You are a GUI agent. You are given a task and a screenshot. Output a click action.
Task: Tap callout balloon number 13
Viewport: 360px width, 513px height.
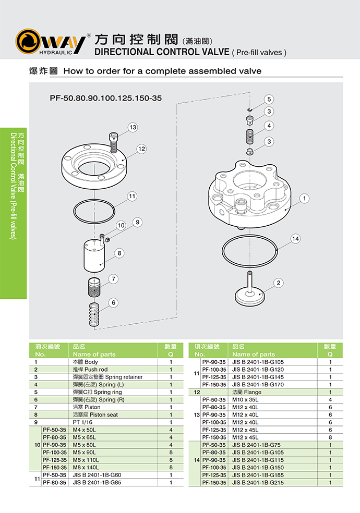133,127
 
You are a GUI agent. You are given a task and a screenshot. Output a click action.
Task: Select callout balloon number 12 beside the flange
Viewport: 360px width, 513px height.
141,149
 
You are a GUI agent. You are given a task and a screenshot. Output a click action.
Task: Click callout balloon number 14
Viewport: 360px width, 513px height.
295,238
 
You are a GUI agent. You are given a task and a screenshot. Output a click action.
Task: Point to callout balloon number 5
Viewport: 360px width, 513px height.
269,99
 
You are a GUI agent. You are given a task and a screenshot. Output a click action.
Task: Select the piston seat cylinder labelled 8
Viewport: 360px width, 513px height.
94,256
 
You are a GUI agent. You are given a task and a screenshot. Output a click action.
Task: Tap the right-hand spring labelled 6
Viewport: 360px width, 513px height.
94,314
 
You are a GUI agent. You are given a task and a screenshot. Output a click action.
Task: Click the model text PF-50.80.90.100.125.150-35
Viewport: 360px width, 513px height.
106,98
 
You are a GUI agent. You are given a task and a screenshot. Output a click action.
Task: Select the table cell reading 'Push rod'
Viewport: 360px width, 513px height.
90,370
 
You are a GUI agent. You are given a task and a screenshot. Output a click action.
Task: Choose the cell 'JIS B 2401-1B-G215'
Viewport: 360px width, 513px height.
258,482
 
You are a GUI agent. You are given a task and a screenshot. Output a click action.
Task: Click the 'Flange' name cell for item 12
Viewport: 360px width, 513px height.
247,392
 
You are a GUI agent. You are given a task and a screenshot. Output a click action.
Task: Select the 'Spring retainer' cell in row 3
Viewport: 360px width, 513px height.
107,377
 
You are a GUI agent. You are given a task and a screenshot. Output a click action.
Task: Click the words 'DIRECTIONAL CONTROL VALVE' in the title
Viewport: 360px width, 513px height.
162,52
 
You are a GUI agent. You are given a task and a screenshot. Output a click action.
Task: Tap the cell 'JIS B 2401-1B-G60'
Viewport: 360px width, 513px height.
97,475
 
